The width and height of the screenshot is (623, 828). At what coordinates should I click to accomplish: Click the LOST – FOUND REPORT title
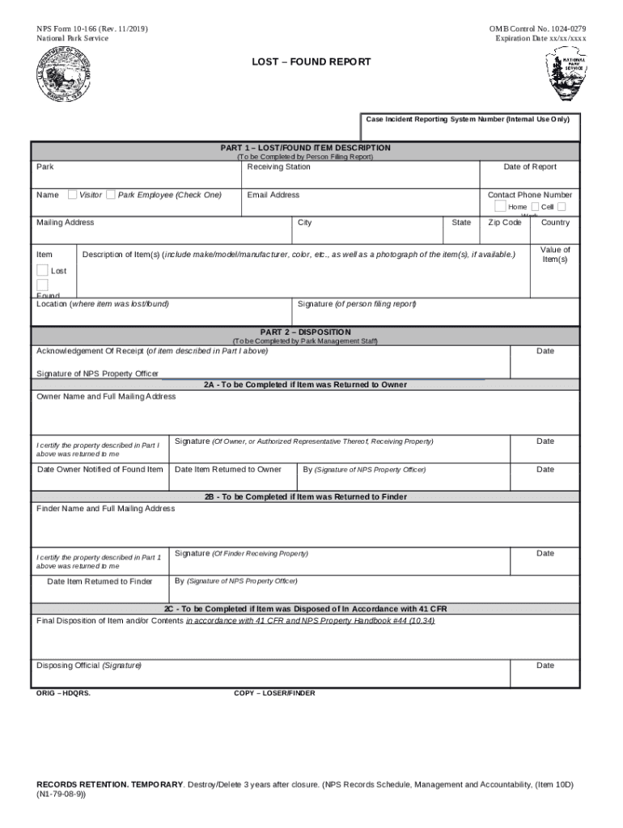coord(311,62)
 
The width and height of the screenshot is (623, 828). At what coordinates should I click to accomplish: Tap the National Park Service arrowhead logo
coord(566,74)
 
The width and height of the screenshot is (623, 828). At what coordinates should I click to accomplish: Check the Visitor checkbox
coord(73,195)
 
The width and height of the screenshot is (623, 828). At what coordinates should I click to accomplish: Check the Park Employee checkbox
coord(110,195)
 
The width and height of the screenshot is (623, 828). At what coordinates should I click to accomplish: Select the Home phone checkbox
coord(500,207)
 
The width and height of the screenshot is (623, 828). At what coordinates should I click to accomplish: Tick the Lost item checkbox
coord(42,270)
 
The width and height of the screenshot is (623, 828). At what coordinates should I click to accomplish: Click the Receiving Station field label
coord(278,167)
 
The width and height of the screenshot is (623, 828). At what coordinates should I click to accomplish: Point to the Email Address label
coord(273,195)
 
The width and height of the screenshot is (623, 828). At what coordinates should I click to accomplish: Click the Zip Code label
coord(505,222)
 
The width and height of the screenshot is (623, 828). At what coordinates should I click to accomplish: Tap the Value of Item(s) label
coord(555,255)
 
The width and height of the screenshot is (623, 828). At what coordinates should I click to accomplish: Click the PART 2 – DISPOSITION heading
coord(306,332)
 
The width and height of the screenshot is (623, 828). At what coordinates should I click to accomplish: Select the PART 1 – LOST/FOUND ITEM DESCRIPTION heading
coord(306,148)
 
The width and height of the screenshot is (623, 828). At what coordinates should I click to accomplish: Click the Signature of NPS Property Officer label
coord(97,374)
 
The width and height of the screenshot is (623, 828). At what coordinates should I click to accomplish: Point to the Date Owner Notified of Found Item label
coord(100,470)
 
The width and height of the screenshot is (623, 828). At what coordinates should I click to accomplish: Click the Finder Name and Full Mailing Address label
coord(105,509)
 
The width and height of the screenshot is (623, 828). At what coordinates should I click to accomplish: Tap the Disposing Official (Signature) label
coord(89,665)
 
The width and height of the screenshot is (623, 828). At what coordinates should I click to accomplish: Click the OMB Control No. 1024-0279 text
coord(537,29)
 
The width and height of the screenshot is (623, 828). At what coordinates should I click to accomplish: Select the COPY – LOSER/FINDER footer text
coord(274,693)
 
